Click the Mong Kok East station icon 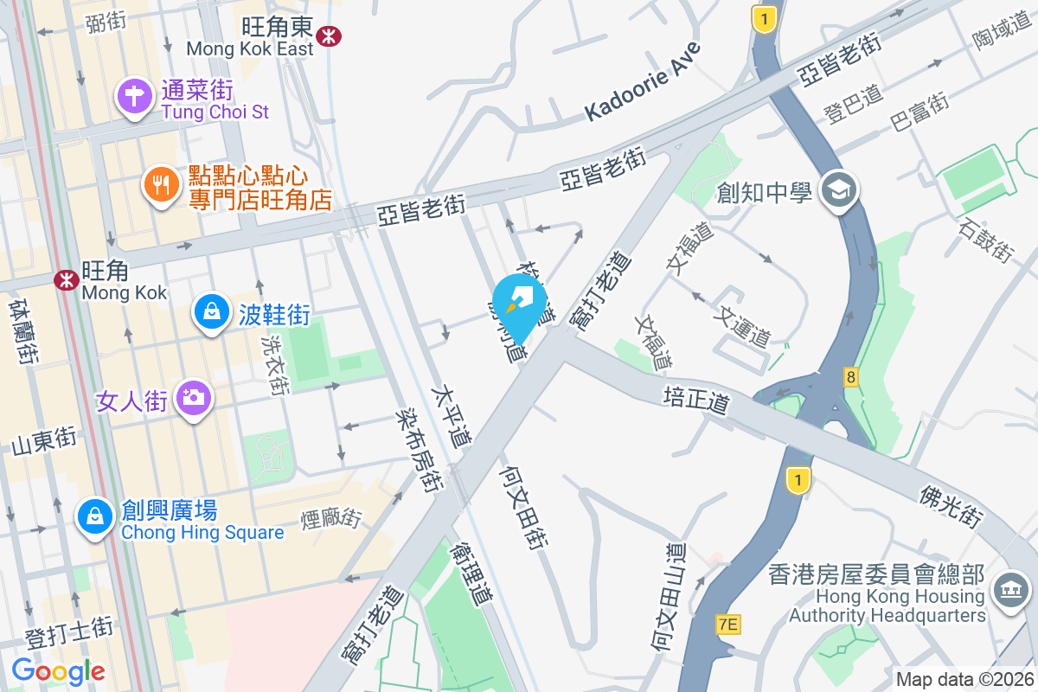pos(328,35)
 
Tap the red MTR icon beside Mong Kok pos(66,280)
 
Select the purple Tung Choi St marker pos(135,96)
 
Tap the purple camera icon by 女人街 pos(191,398)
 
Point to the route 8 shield pos(852,377)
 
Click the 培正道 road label pos(697,400)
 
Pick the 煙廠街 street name pos(330,519)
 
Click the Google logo pos(58,670)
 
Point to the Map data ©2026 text pos(964,680)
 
